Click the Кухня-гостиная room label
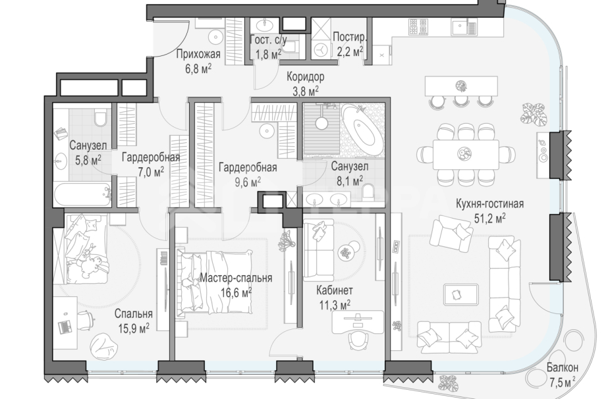[x=490, y=203]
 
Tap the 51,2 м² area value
[x=490, y=218]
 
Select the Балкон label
[x=562, y=367]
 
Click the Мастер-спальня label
[x=236, y=278]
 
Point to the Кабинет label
[x=335, y=290]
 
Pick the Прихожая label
[x=198, y=54]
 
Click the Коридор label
[x=306, y=76]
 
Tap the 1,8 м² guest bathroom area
[x=268, y=54]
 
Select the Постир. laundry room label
[x=350, y=37]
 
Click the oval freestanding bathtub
[x=362, y=130]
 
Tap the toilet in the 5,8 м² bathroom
[x=101, y=117]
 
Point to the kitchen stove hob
[x=418, y=27]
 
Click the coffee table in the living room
[x=461, y=294]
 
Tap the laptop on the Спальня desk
[x=65, y=327]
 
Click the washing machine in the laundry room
[x=321, y=48]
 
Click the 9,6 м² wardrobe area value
[x=240, y=182]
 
